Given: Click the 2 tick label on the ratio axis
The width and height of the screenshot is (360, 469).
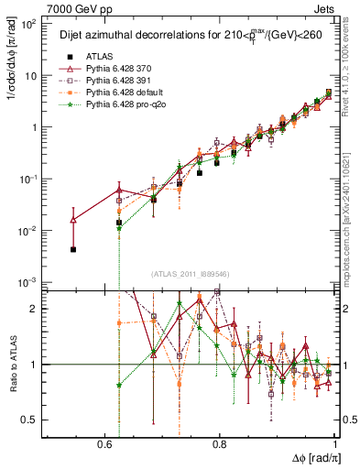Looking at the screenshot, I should [x=38, y=309].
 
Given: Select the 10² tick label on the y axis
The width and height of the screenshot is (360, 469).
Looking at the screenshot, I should [x=30, y=25].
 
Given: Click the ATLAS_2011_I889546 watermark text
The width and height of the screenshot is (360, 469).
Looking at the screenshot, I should [x=191, y=274].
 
